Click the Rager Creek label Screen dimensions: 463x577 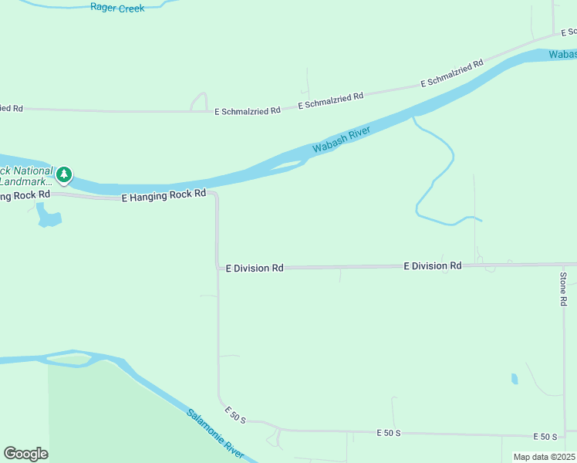coord(117,8)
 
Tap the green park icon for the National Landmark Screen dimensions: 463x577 coord(66,175)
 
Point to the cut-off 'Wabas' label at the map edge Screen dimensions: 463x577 coord(562,55)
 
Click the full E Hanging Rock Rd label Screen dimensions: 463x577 coord(164,197)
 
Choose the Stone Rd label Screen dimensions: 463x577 coord(564,289)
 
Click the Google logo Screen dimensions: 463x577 coord(25,454)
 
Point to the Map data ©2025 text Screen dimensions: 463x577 coord(544,457)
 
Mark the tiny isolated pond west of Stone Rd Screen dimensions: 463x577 coord(515,379)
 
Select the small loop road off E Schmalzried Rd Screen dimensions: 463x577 coord(199,101)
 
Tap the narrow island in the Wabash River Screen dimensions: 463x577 coord(289,164)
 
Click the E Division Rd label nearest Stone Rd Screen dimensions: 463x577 coord(432,265)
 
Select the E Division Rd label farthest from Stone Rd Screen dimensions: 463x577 coord(255,268)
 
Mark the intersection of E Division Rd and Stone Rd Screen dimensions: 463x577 coord(565,265)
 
